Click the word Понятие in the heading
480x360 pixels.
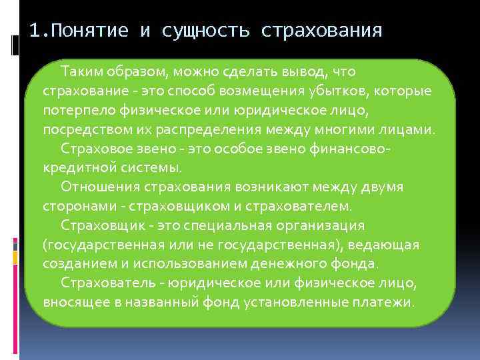[89, 31]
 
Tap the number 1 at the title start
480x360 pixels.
[35, 31]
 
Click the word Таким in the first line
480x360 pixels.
[78, 71]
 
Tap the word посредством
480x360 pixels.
[79, 129]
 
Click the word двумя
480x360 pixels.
[381, 187]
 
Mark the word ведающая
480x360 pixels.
[389, 245]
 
